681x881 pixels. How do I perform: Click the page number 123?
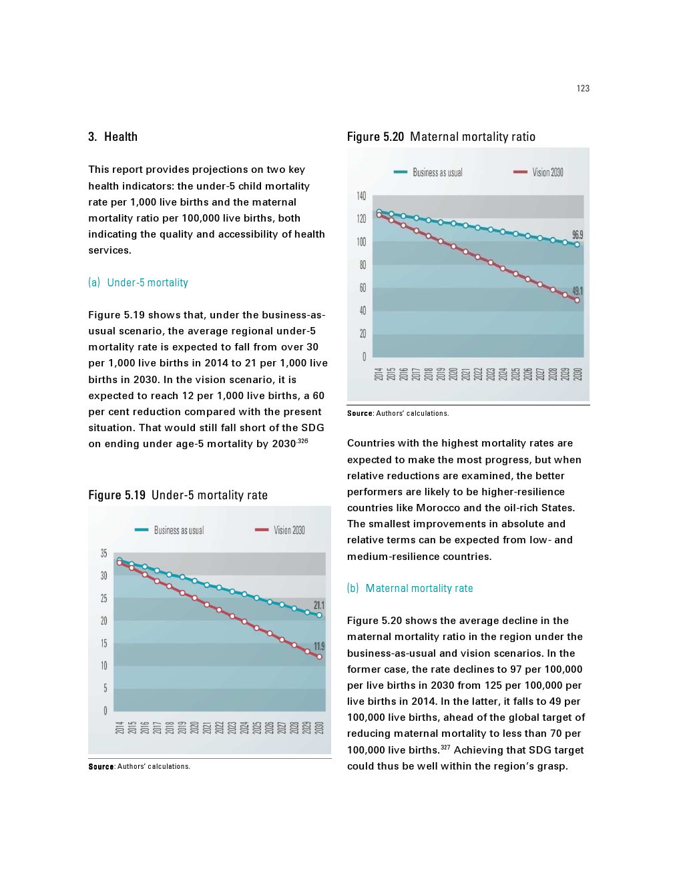tap(583, 88)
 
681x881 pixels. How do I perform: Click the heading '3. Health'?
tap(113, 137)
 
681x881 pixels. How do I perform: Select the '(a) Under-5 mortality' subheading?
tap(138, 283)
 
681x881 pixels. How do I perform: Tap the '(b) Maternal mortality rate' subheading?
tap(410, 589)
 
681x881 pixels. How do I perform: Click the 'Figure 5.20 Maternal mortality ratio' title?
tap(441, 137)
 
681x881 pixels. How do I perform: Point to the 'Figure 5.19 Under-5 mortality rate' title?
tap(178, 495)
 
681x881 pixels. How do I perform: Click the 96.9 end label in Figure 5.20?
tap(578, 235)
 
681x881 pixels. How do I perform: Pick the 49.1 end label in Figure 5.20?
tap(578, 291)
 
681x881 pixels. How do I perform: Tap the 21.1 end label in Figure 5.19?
tap(319, 605)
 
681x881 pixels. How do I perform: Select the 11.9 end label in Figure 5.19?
tap(319, 647)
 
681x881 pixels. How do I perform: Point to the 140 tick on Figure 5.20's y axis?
tap(361, 196)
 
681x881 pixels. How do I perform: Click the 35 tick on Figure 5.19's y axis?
tap(103, 553)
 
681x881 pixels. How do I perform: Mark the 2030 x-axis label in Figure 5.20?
tap(578, 374)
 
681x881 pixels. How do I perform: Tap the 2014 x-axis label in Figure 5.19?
tap(120, 727)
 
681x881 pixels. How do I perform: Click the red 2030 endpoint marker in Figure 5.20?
tap(578, 300)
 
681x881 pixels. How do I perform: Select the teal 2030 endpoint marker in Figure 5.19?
tap(319, 615)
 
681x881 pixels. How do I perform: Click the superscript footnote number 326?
tap(303, 441)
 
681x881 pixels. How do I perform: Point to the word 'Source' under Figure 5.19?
tap(101, 767)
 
